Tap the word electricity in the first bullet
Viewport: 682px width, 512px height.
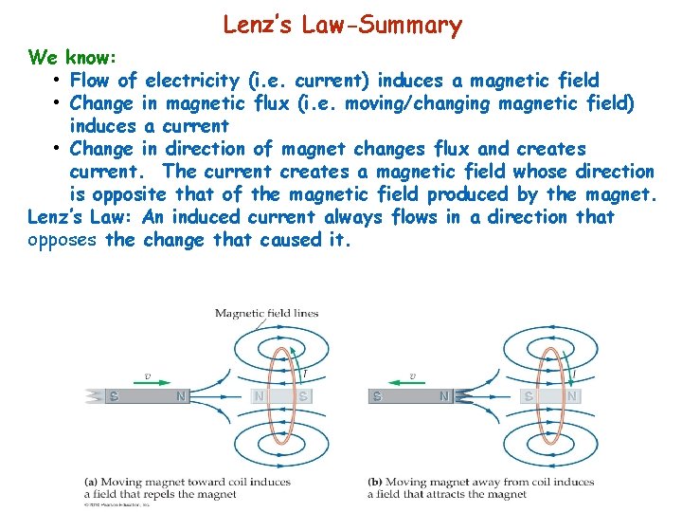tap(192, 80)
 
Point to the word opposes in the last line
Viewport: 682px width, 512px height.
tap(63, 240)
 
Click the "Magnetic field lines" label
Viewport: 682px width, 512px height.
tap(267, 313)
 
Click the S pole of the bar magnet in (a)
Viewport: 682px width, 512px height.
tap(114, 396)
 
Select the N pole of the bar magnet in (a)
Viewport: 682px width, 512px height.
tap(181, 396)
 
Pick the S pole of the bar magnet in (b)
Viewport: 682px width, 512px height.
tap(378, 396)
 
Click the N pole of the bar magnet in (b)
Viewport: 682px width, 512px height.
tap(443, 396)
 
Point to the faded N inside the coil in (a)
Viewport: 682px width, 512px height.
tap(258, 396)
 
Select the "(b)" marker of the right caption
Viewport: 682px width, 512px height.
tap(377, 483)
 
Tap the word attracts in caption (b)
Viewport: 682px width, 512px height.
tap(458, 494)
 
